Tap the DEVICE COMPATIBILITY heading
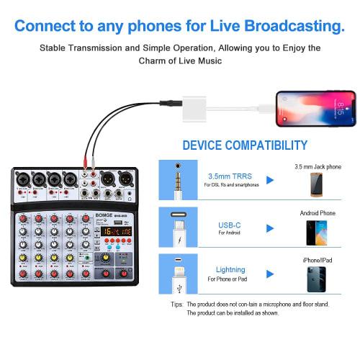coord(245,145)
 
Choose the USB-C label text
coord(230,225)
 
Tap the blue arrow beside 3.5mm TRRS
coord(270,180)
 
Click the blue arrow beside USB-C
coord(270,228)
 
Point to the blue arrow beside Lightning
coord(270,273)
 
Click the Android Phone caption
coord(318,213)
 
